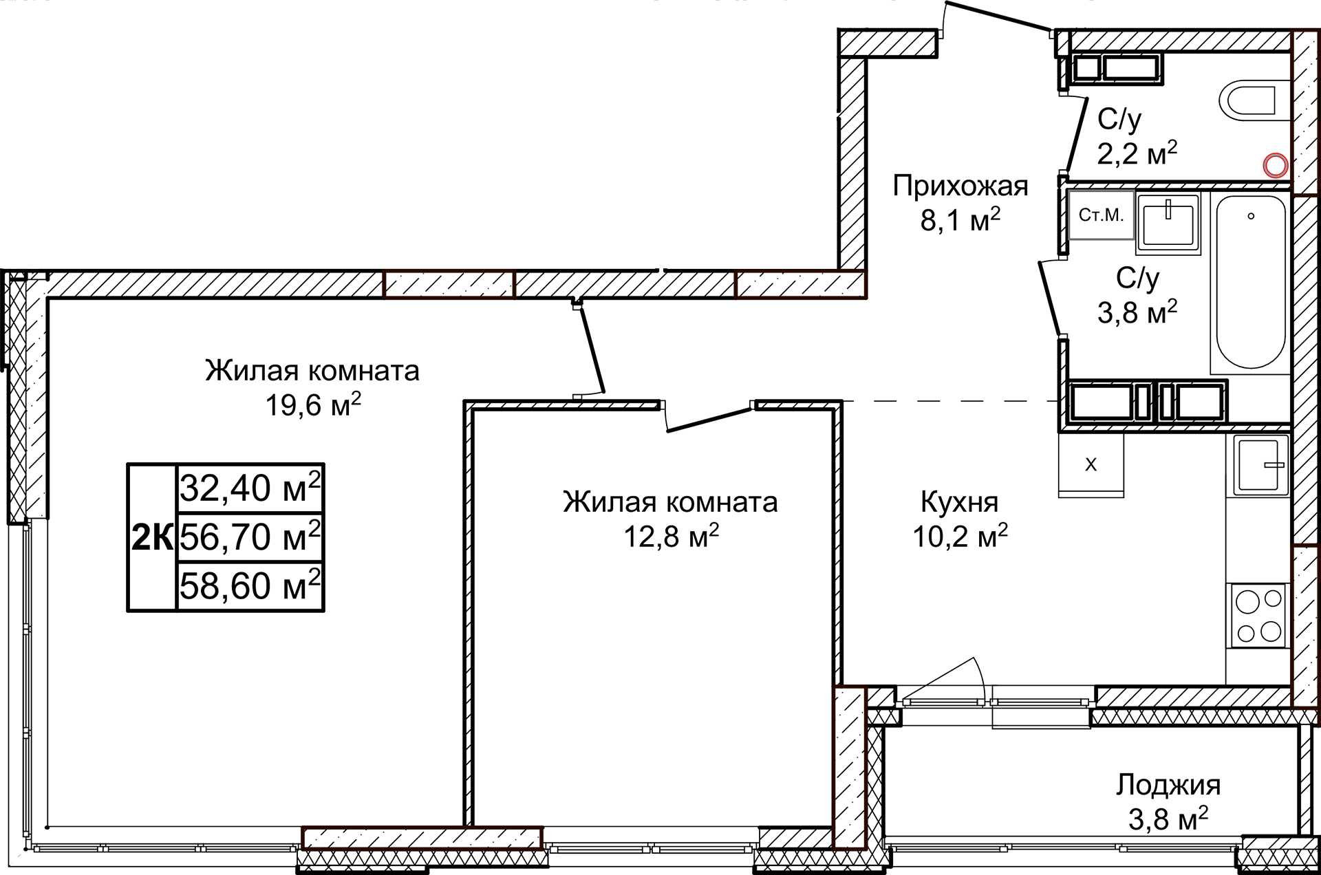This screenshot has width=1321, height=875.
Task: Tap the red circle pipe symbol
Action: [1276, 165]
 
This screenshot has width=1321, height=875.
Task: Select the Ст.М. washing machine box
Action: [1101, 215]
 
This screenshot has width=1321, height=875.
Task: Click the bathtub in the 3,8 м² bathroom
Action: [1250, 282]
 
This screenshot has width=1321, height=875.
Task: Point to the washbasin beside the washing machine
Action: [1168, 222]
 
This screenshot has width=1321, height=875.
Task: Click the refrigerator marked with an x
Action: [1091, 464]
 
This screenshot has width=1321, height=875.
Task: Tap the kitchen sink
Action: [1260, 464]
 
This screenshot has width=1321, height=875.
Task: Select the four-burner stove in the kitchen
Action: [1258, 616]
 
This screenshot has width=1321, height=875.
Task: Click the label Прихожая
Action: [960, 186]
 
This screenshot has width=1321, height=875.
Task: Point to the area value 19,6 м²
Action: [313, 405]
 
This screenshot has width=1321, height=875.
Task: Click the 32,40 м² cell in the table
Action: [250, 488]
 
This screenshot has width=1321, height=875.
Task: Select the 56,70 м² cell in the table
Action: [250, 537]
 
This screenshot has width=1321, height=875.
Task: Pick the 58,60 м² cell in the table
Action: [250, 586]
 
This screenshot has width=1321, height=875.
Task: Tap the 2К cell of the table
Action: [152, 537]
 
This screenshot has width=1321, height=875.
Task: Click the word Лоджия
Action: [1168, 785]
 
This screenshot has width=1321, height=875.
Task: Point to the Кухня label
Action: [959, 502]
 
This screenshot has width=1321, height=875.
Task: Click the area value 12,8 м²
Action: [671, 536]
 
